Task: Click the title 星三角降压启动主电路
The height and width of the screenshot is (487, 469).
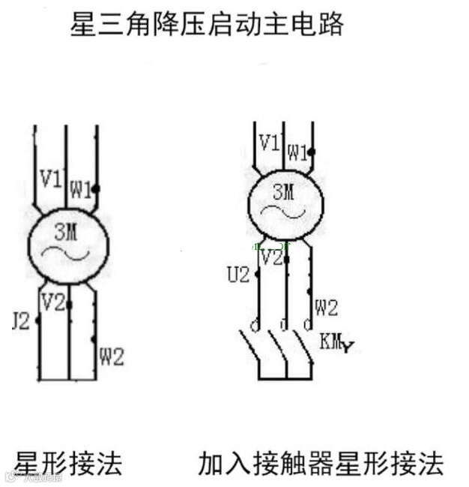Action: pos(207,26)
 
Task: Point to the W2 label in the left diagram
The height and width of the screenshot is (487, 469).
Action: pos(111,357)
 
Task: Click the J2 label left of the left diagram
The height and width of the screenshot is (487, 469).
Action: pos(21,322)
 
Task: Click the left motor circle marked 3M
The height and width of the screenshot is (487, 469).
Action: pos(68,244)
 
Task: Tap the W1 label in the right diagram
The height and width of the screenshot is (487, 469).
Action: pos(298,152)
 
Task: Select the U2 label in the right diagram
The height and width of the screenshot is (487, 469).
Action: pos(237,275)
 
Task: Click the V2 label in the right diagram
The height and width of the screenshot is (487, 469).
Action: pos(272,258)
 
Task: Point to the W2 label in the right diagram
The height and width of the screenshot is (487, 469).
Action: pos(327,307)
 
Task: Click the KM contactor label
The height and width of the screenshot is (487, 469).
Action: pos(334,343)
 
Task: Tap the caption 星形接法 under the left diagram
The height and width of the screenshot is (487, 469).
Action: pos(68,462)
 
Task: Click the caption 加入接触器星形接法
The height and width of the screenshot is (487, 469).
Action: pos(321,462)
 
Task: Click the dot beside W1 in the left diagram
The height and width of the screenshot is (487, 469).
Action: pos(96,188)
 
